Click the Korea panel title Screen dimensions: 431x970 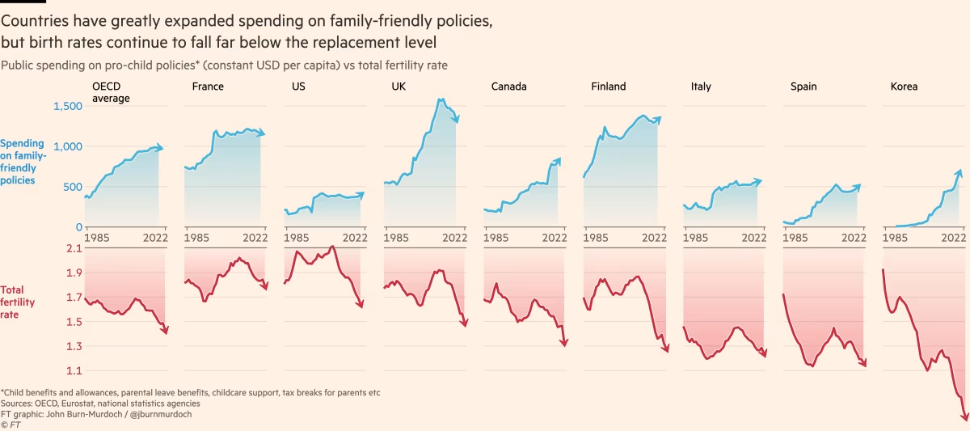(904, 87)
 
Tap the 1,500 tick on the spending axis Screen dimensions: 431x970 (67, 107)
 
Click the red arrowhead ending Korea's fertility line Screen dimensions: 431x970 (964, 416)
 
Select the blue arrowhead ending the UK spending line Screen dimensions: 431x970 (458, 120)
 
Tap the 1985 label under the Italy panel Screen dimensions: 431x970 (696, 238)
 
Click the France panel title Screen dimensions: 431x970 (208, 87)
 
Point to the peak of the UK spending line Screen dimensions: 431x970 (441, 99)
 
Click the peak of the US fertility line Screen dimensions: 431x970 (332, 247)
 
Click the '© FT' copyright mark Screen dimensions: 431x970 (11, 425)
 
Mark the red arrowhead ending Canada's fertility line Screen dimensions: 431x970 (563, 344)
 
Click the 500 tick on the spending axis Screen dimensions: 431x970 (72, 187)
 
